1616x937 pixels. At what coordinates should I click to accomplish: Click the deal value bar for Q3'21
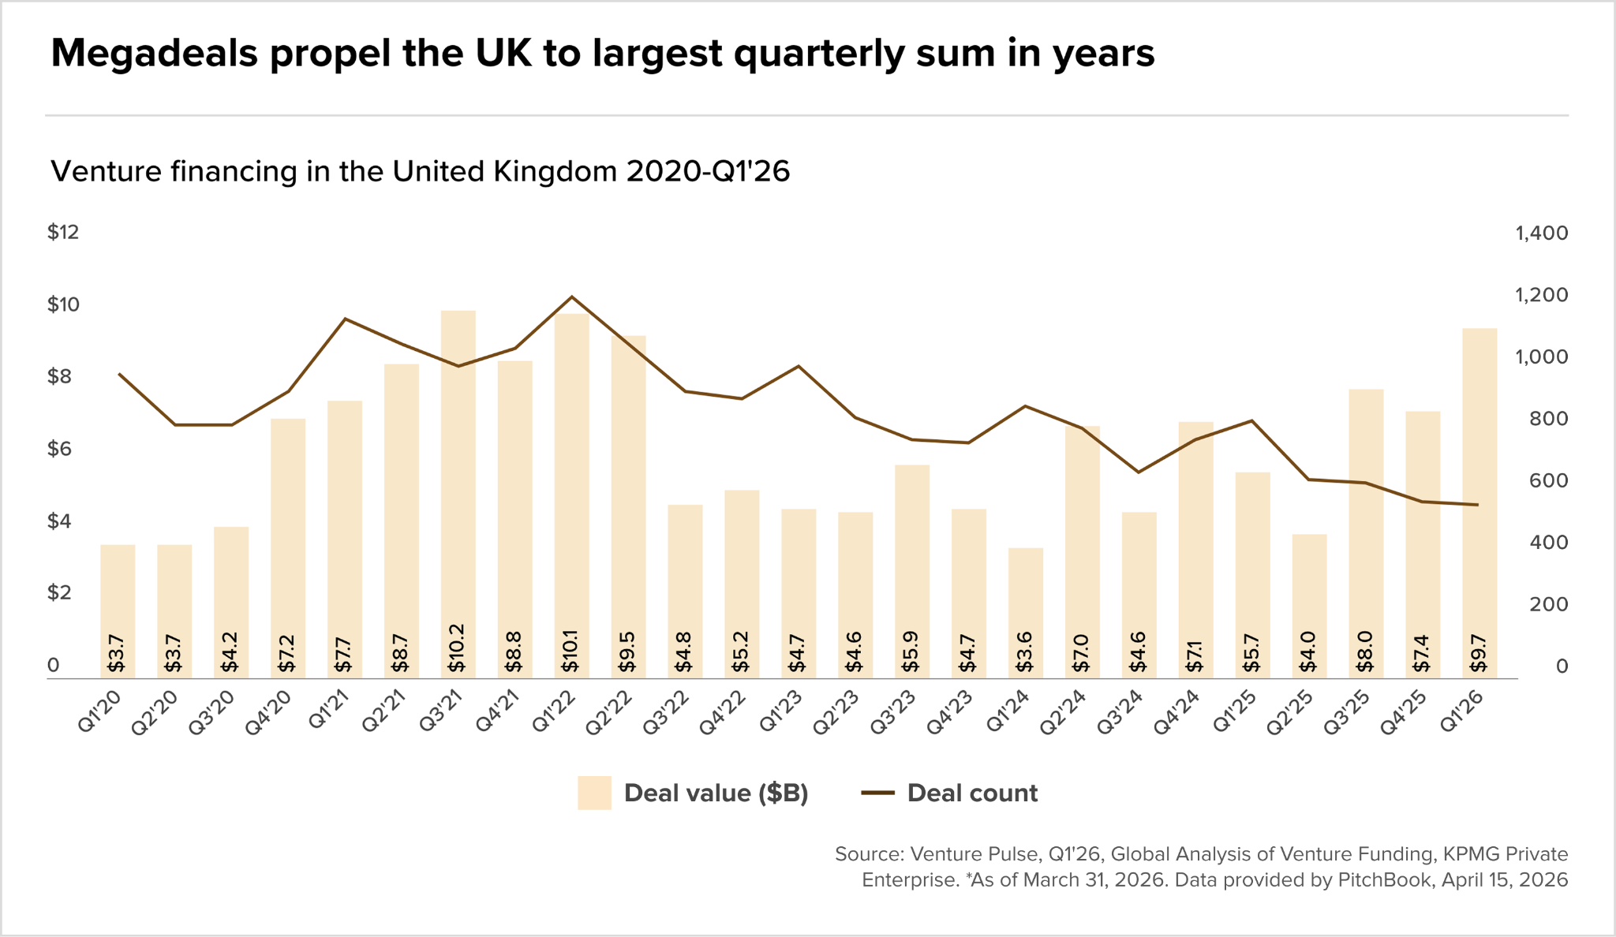(458, 494)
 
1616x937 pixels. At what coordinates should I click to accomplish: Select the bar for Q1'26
(1479, 503)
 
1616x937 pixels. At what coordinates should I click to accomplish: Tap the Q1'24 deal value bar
(1026, 613)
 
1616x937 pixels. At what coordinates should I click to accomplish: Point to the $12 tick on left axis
(63, 232)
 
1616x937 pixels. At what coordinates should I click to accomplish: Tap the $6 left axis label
(63, 449)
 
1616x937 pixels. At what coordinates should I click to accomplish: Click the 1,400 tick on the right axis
(1542, 233)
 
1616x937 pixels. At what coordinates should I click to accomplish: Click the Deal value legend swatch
(594, 793)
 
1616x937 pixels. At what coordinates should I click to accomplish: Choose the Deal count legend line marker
(877, 793)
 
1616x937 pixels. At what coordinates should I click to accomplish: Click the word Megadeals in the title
(155, 54)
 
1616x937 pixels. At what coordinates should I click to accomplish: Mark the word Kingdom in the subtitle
(555, 172)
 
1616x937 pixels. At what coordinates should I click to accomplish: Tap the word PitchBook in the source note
(1384, 879)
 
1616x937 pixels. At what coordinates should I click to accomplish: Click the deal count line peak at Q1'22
(571, 297)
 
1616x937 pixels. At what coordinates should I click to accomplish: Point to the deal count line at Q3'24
(1138, 472)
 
